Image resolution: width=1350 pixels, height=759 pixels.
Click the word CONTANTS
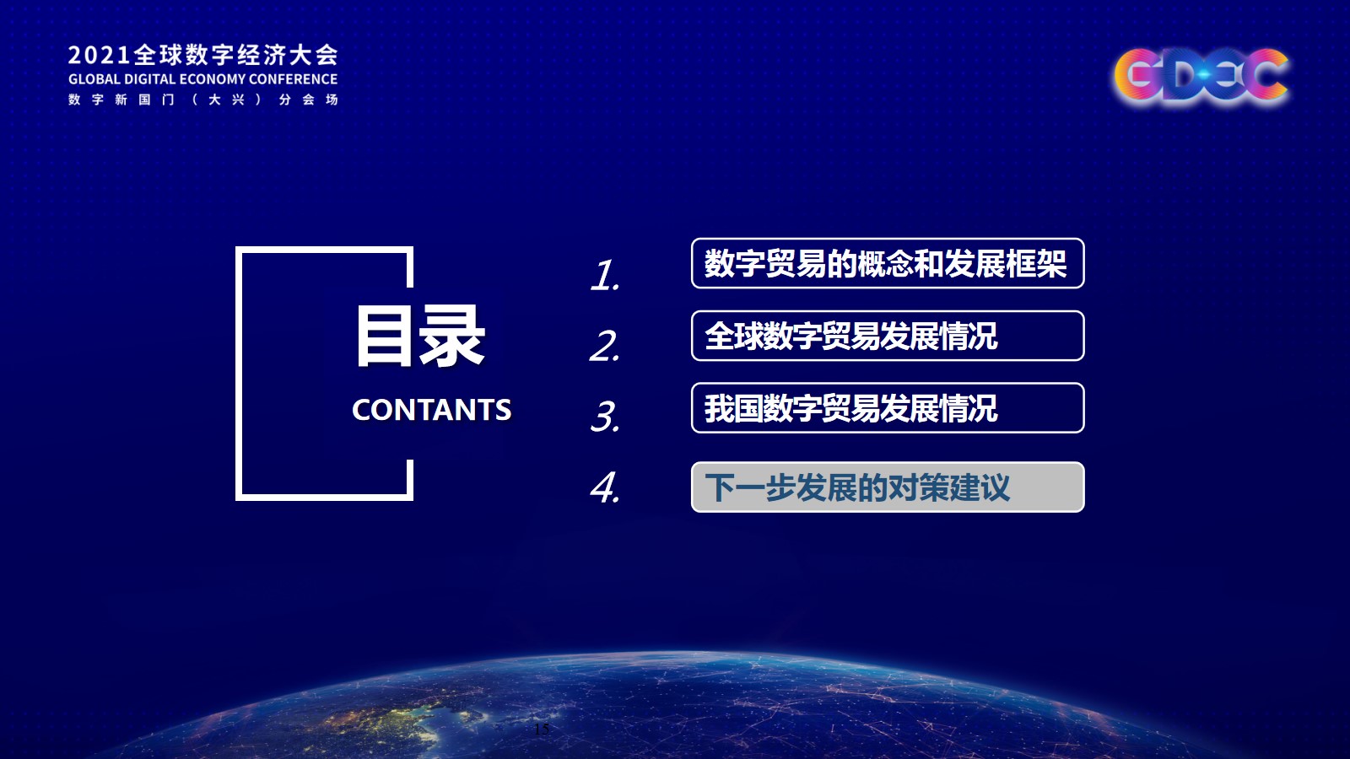pyautogui.click(x=431, y=410)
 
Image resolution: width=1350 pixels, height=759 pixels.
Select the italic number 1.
pyautogui.click(x=605, y=275)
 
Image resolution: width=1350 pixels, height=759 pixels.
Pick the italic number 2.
pyautogui.click(x=605, y=346)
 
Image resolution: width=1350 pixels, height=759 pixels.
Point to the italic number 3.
pyautogui.click(x=605, y=417)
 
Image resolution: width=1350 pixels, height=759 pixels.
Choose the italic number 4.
pyautogui.click(x=605, y=487)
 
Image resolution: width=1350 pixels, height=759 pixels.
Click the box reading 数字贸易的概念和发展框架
pyautogui.click(x=888, y=263)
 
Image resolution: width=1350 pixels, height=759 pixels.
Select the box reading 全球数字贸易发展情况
pyautogui.click(x=888, y=336)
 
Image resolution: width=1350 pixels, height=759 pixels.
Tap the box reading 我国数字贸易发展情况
pyautogui.click(x=888, y=408)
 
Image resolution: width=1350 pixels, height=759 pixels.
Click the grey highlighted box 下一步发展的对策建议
pyautogui.click(x=888, y=487)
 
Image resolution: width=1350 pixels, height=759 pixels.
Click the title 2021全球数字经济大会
pyautogui.click(x=203, y=55)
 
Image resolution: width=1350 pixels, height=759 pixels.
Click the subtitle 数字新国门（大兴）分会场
pyautogui.click(x=203, y=100)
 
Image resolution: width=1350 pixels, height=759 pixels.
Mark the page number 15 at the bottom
pyautogui.click(x=541, y=729)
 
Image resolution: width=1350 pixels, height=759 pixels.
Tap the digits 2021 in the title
pyautogui.click(x=100, y=56)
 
